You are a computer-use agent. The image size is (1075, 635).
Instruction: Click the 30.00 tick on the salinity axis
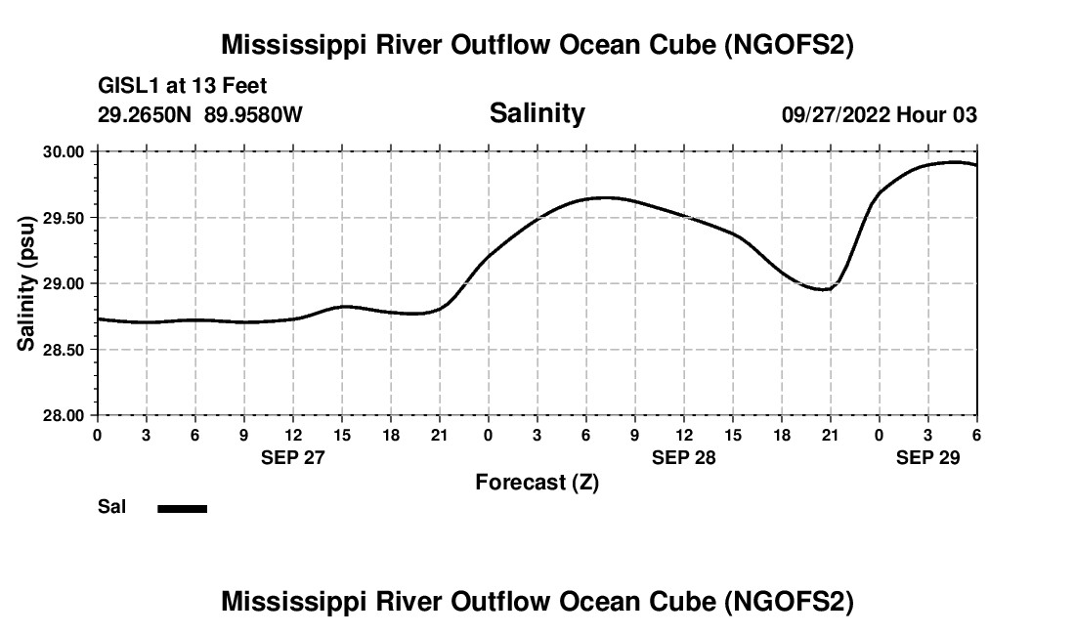click(x=64, y=151)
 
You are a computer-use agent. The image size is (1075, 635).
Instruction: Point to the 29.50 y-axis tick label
click(x=64, y=218)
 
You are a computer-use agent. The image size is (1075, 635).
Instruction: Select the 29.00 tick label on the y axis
click(x=64, y=283)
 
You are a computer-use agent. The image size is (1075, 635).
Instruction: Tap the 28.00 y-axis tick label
click(x=64, y=415)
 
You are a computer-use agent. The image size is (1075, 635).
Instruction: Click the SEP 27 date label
click(x=292, y=457)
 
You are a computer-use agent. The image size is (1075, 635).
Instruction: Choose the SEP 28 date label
click(x=683, y=457)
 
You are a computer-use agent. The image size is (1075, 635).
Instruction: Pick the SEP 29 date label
click(x=927, y=457)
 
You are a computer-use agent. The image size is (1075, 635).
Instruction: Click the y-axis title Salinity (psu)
click(x=26, y=283)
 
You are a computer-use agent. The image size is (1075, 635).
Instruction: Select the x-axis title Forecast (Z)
click(x=537, y=483)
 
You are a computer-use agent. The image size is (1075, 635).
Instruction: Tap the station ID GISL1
click(x=125, y=87)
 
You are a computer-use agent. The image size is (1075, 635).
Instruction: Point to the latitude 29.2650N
click(x=146, y=114)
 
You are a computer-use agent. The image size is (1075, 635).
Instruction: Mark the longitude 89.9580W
click(x=253, y=114)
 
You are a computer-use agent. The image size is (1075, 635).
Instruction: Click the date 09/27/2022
click(x=836, y=114)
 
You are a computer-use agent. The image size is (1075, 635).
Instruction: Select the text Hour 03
click(x=938, y=114)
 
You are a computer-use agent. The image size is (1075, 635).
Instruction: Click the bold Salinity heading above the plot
click(x=537, y=113)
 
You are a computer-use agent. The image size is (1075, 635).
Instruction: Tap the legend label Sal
click(x=111, y=507)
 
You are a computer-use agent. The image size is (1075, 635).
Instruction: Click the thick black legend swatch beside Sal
click(x=182, y=508)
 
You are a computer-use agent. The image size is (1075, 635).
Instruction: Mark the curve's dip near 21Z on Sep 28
click(x=826, y=289)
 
